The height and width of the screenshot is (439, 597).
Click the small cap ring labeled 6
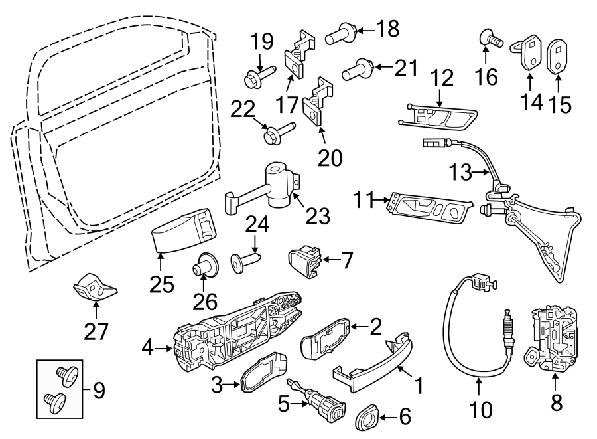tap(365, 417)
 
